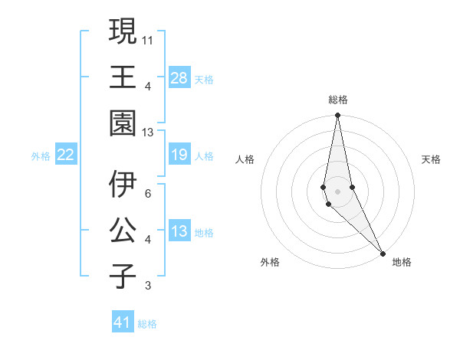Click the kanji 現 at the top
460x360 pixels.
(x=123, y=33)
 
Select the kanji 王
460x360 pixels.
(x=123, y=78)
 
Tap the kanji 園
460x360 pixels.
(x=123, y=124)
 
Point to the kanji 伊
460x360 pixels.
(x=123, y=185)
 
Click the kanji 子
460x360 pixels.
(x=123, y=277)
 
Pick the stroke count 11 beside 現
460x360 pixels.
(x=149, y=38)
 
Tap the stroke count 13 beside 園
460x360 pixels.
(x=149, y=133)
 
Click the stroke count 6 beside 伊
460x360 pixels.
(x=148, y=193)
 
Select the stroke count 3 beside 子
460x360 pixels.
(x=148, y=286)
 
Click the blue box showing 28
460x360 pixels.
(x=179, y=78)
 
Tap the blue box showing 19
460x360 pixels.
(x=179, y=155)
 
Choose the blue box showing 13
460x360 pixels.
(x=179, y=231)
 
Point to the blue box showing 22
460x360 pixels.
(x=66, y=155)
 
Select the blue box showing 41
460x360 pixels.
(x=123, y=322)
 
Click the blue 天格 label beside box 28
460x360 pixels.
(x=204, y=79)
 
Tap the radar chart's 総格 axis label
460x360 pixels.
(x=338, y=100)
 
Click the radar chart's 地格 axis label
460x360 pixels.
(x=402, y=262)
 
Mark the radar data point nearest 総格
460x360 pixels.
(x=337, y=116)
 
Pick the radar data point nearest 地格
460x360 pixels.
(x=383, y=252)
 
